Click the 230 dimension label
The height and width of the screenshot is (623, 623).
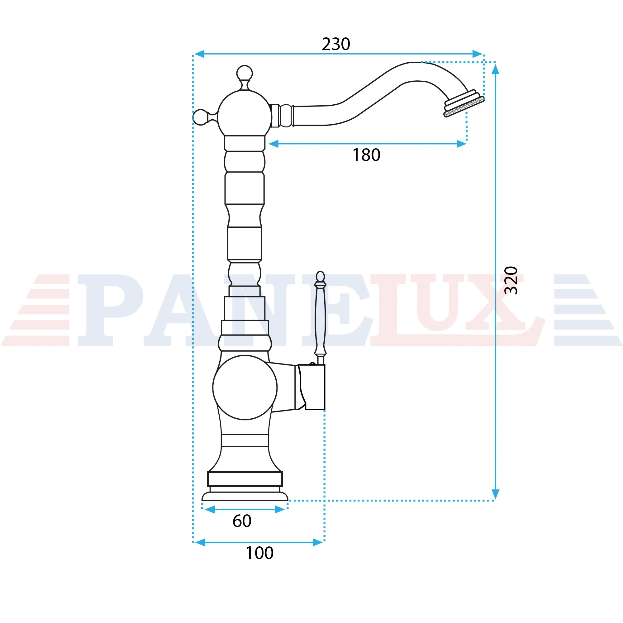tap(336, 44)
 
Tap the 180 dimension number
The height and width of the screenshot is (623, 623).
tap(366, 155)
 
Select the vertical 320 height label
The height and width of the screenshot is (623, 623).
tap(511, 280)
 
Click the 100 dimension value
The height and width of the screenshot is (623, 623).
tap(259, 553)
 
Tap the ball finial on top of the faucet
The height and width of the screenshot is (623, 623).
tap(245, 74)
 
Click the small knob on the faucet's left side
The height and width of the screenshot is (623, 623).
tap(201, 117)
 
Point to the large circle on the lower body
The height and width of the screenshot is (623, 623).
tap(245, 387)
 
